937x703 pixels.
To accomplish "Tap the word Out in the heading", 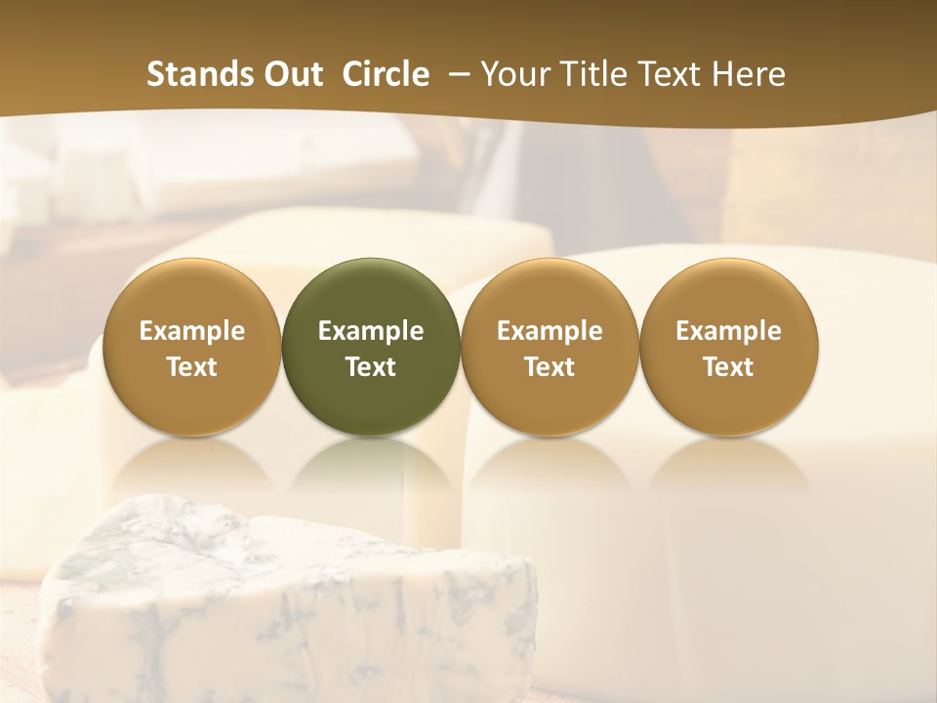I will point(293,74).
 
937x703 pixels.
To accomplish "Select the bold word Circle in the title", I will point(386,74).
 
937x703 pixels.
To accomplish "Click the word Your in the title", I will point(510,74).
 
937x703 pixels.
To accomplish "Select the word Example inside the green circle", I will point(371,331).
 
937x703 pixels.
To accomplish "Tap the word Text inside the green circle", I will point(371,367).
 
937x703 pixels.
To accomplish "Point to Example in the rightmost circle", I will point(728,331).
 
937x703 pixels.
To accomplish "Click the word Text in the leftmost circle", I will point(191,367).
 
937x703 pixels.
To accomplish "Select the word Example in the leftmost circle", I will point(191,331).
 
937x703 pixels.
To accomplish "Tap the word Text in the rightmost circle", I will point(728,367).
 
